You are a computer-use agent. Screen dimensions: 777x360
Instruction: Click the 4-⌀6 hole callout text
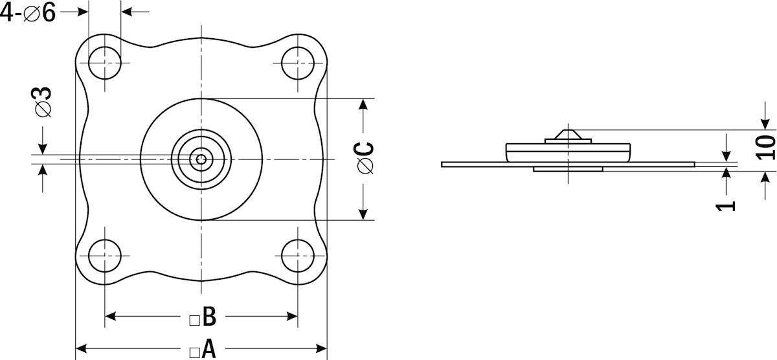pos(28,12)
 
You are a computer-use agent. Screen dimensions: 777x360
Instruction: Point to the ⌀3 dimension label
pos(41,102)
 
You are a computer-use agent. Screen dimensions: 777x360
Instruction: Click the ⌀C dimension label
pos(364,158)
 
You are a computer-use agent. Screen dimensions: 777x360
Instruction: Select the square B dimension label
pos(203,317)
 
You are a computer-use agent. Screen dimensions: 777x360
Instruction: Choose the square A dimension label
pos(203,349)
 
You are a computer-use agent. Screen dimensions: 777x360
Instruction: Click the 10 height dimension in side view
pos(765,148)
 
